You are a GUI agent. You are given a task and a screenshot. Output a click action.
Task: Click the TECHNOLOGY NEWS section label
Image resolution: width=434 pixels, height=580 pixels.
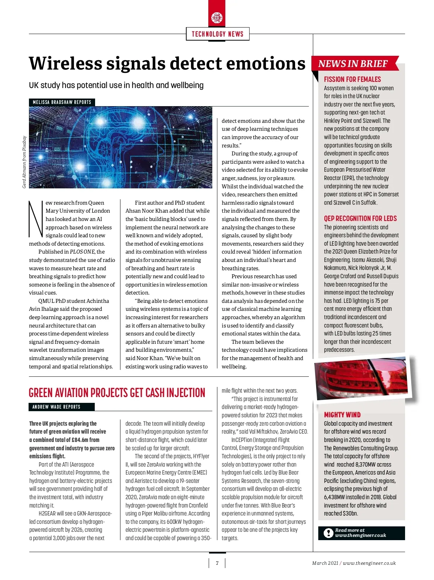[x=217, y=34]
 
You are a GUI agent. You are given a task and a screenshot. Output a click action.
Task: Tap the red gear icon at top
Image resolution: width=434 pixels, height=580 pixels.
[x=217, y=17]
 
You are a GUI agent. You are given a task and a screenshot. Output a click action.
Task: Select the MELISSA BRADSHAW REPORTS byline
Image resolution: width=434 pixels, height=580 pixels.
[x=62, y=102]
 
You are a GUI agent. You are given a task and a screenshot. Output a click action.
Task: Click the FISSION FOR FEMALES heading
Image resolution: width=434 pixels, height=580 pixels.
[x=352, y=79]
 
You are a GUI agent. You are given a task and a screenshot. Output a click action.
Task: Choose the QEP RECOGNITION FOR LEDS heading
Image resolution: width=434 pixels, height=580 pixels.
[x=360, y=218]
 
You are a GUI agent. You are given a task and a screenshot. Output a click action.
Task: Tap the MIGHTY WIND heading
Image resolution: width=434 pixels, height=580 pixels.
[x=342, y=415]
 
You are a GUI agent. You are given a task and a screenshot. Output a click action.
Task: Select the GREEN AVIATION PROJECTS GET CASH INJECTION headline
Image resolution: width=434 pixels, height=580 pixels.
[x=117, y=393]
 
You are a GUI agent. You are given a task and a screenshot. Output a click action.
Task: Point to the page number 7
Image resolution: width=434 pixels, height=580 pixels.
[x=217, y=563]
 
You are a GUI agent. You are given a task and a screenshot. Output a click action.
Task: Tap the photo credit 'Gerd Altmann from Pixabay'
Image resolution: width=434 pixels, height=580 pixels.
[x=24, y=162]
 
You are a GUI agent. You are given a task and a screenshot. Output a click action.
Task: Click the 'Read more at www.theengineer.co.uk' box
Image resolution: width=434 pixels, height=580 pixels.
[x=361, y=533]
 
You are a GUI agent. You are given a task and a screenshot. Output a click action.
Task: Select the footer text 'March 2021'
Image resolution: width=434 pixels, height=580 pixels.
[x=325, y=563]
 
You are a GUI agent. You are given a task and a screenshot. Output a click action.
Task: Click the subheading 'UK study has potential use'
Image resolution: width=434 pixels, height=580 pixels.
[x=116, y=85]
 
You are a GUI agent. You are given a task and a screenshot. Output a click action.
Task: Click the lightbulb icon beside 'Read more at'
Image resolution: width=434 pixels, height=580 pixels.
[x=328, y=533]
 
